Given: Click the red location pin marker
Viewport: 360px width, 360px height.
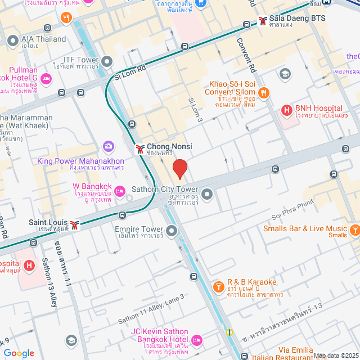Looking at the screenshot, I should point(179,169).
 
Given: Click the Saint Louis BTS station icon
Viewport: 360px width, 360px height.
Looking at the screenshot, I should point(75,223).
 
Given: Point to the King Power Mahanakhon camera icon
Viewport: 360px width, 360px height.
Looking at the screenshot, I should point(108,147).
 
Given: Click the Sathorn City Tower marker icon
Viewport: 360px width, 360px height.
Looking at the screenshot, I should point(206,195).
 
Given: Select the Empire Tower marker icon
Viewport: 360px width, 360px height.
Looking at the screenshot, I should point(171,230).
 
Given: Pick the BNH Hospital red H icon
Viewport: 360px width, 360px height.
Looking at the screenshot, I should point(286,109).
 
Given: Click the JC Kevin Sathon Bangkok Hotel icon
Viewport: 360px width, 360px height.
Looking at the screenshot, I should point(196,340).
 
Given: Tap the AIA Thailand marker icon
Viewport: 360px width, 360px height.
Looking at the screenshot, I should point(13,40).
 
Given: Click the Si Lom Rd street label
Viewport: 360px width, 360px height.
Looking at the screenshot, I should point(129,71).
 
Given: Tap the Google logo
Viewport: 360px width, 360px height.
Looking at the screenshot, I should point(19,353).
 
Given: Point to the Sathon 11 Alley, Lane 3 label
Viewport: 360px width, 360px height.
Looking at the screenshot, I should point(151,309).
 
